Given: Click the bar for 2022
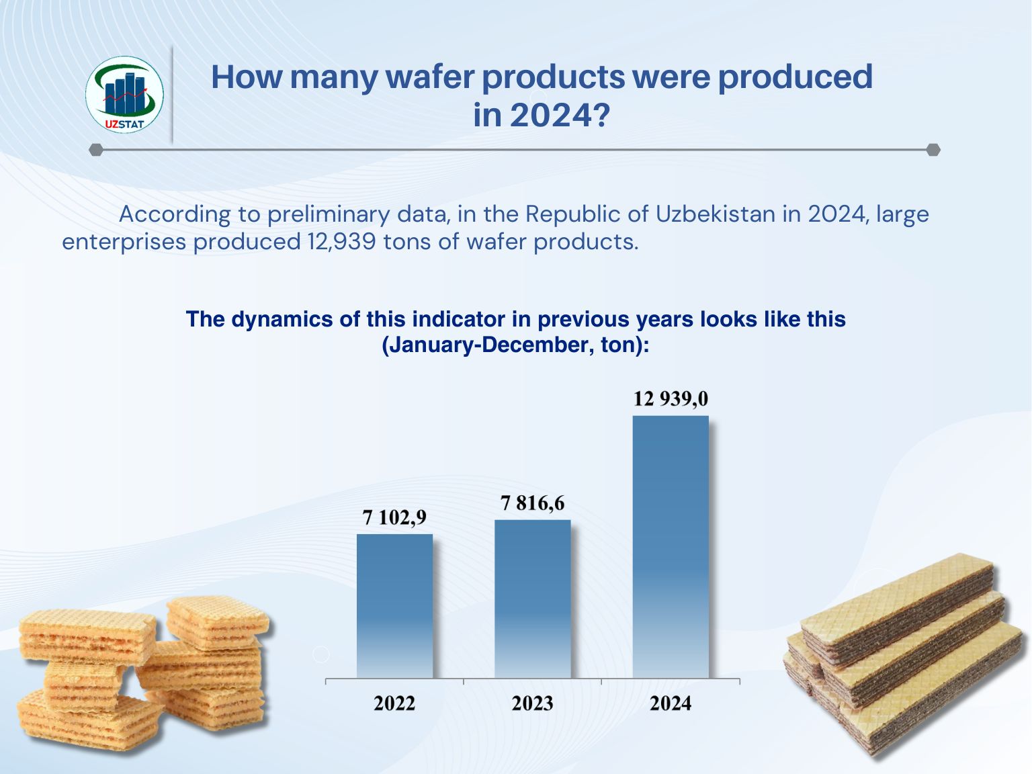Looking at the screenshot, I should pos(394,605).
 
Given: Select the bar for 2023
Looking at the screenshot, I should pos(532,598).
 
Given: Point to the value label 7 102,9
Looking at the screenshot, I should pos(394,518).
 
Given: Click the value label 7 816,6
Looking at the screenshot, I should pos(533,503).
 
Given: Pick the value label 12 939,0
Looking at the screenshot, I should pos(671,399).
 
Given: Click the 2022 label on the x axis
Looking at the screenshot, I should pos(394,703).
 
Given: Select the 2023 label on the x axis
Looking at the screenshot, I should pos(532,703).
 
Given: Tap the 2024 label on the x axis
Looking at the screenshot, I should pos(671,703).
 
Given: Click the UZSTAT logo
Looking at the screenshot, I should pos(124,94).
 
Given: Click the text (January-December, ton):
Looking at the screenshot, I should pos(515,345).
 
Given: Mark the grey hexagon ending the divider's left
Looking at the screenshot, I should pos(96,149).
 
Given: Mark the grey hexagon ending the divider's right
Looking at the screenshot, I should pos(933,149).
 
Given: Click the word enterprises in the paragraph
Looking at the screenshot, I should pos(124,241).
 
